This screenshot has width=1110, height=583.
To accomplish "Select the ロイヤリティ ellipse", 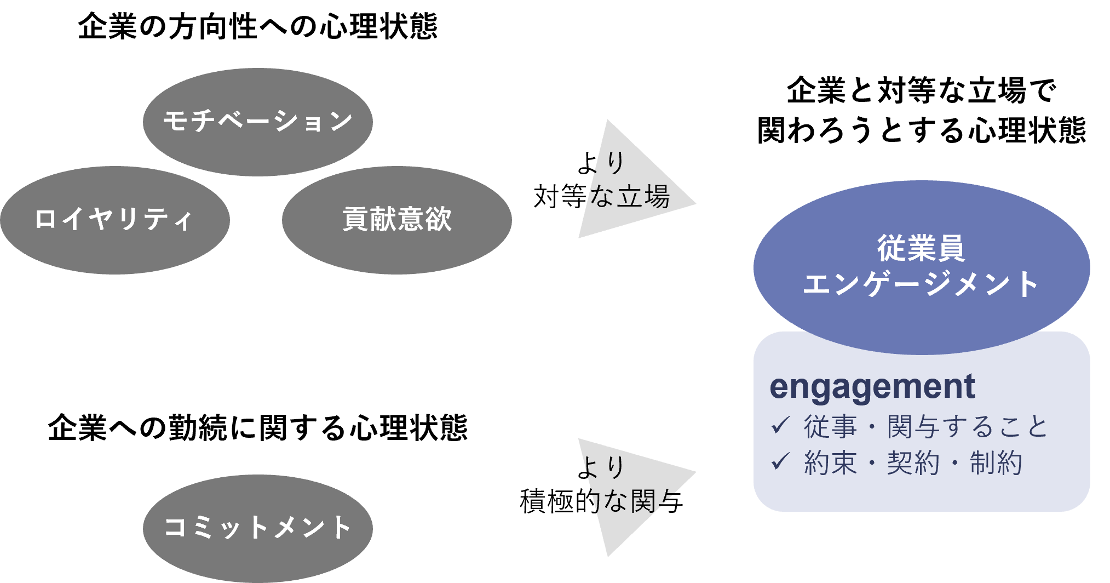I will [x=114, y=220].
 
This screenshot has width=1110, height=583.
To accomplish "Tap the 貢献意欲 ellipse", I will [x=396, y=220].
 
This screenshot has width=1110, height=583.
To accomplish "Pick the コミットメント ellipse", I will [x=257, y=528].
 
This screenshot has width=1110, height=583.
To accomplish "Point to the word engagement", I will [x=872, y=387].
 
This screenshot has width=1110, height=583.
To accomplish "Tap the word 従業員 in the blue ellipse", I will [x=921, y=248].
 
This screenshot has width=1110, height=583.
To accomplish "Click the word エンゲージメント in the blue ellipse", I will [x=921, y=284].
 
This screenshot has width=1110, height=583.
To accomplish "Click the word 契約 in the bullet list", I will [x=913, y=463].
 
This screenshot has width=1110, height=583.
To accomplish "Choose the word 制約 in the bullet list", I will [x=996, y=463].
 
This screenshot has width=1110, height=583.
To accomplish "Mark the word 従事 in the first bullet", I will [x=830, y=427].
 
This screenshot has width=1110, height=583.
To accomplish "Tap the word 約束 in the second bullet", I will [x=830, y=463].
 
